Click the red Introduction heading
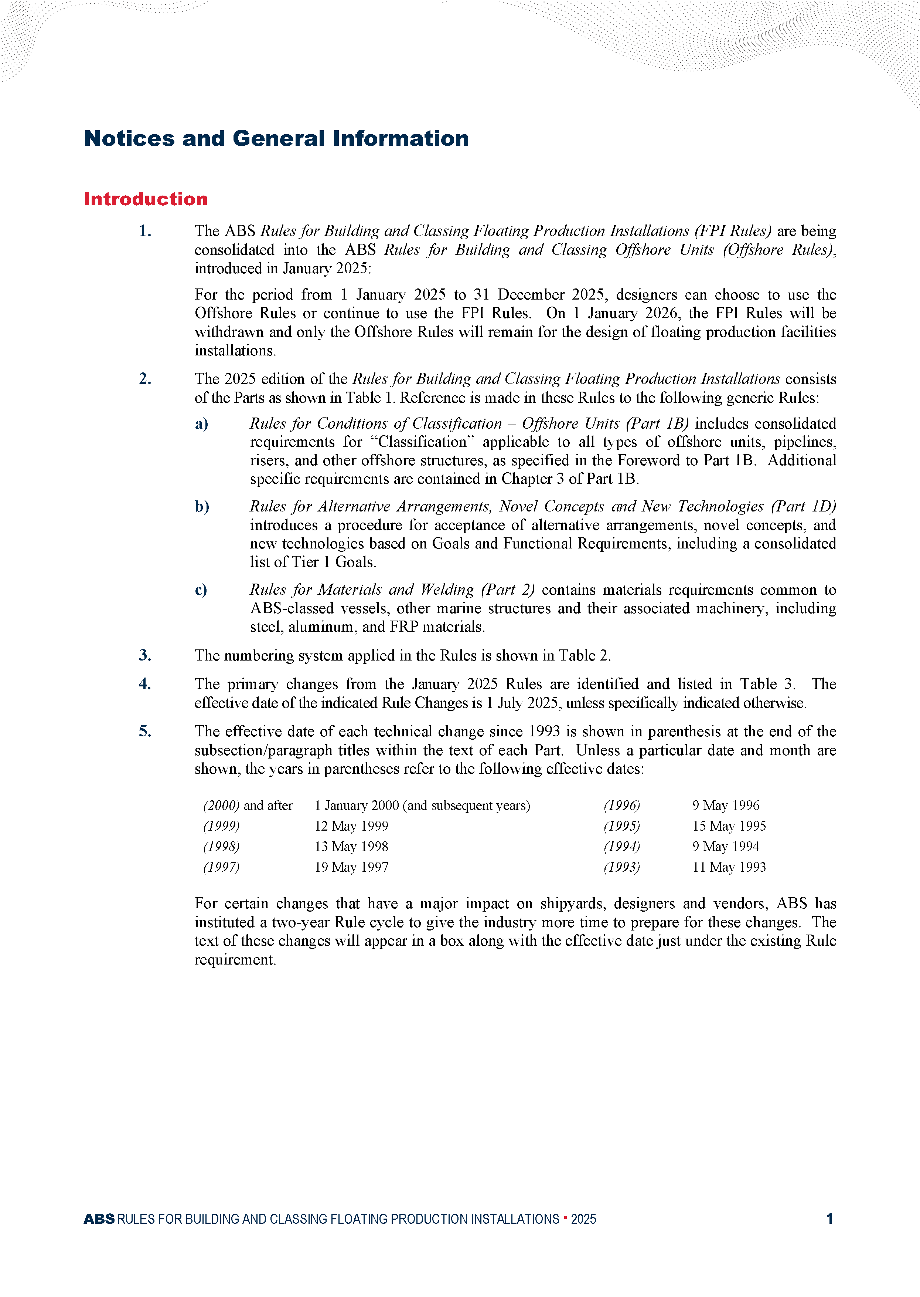coord(146,199)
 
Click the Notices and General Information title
coord(276,138)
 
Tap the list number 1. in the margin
coord(145,231)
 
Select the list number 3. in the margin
coord(145,655)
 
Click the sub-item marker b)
coord(202,506)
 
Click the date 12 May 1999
coord(351,826)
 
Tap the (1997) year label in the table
coord(222,867)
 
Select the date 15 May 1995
coord(729,826)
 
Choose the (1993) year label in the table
coord(621,867)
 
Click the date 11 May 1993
coord(729,867)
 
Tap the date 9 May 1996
coord(726,805)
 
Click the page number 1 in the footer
coord(829,1219)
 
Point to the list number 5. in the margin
coord(145,731)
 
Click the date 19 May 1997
coord(351,867)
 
